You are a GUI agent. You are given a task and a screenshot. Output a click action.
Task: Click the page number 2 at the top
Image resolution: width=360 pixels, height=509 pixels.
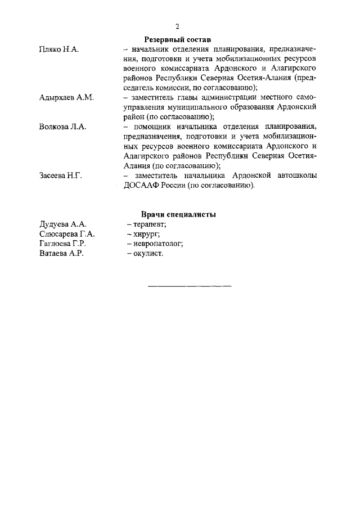[177, 26]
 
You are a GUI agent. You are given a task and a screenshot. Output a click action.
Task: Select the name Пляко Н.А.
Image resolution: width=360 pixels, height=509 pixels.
[58, 49]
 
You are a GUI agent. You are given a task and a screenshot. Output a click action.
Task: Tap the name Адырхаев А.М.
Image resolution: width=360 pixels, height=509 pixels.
[66, 97]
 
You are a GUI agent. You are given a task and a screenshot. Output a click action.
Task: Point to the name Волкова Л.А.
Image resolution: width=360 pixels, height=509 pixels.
[62, 127]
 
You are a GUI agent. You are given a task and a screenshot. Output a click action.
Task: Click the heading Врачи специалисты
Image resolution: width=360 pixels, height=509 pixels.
[178, 215]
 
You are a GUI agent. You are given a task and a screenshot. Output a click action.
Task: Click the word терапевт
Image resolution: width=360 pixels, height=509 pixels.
[146, 224]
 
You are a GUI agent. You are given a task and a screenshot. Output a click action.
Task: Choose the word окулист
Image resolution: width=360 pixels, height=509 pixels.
[148, 254]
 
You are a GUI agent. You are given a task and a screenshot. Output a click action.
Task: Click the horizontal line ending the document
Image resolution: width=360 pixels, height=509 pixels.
[189, 286]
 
